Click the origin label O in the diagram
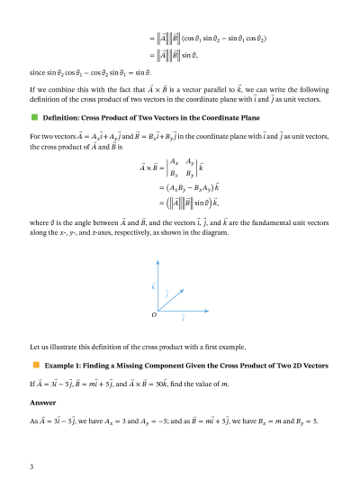155,315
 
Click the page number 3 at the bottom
32,466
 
